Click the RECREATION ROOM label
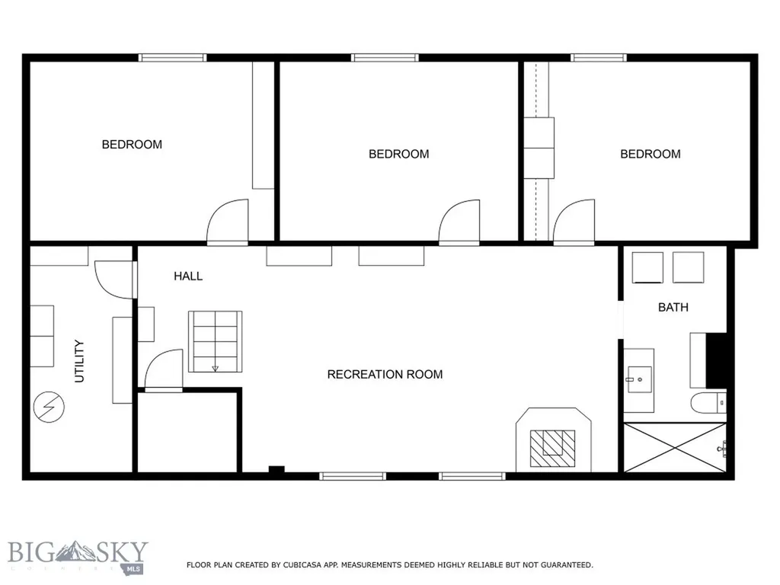tap(385, 374)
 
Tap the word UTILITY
tap(79, 361)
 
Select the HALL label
tap(188, 276)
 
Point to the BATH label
tap(673, 308)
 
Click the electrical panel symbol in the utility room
tap(49, 407)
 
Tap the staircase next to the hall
tap(215, 342)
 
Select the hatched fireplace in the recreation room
tap(552, 448)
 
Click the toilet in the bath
tap(708, 402)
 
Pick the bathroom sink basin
tap(639, 379)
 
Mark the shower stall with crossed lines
tap(675, 447)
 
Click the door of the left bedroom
tap(227, 222)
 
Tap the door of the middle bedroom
tap(459, 222)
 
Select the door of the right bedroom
tap(574, 222)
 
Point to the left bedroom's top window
tap(172, 58)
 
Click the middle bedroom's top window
tap(385, 58)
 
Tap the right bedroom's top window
tap(599, 58)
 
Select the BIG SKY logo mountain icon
tap(75, 551)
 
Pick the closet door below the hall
tap(164, 370)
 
